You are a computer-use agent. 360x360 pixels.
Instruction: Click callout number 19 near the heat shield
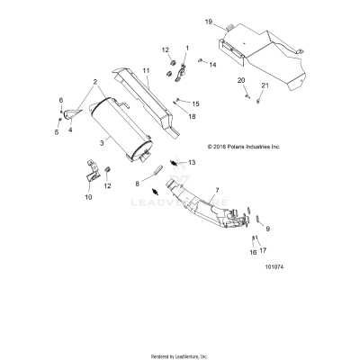(208, 21)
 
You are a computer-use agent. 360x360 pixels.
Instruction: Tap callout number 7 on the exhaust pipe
(215, 193)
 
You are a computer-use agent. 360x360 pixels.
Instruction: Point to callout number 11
(146, 70)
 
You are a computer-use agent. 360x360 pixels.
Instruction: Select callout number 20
(241, 82)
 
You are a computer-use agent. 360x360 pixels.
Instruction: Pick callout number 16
(252, 253)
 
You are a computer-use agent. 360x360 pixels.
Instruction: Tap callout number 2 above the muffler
(93, 82)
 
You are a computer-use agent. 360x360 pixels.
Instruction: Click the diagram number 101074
(277, 266)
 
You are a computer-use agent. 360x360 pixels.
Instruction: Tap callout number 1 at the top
(187, 47)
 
